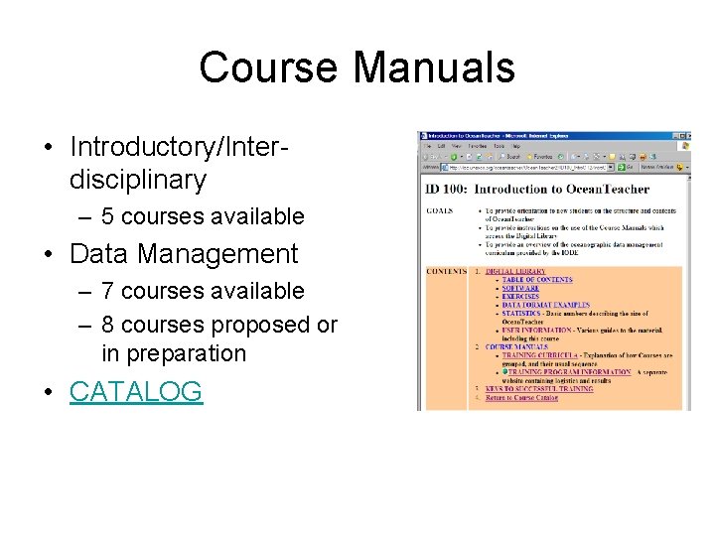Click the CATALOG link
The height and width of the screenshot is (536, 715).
tap(135, 392)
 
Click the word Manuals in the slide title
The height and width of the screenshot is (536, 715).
tap(434, 67)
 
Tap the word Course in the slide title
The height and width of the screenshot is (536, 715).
tap(268, 67)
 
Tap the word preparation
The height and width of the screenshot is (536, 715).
tap(174, 353)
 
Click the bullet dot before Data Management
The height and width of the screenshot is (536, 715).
tap(49, 255)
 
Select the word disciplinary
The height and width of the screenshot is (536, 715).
tap(137, 180)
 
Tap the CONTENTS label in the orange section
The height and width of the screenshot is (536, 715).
tap(445, 271)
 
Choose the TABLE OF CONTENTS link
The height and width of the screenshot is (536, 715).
tap(536, 280)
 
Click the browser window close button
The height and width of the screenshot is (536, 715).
tap(684, 135)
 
